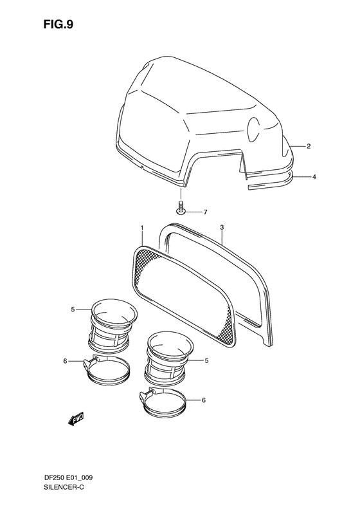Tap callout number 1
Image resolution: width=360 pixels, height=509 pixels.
pos(142,228)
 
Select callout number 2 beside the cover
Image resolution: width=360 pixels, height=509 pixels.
pos(309,147)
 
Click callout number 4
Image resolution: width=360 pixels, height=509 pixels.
pos(314,176)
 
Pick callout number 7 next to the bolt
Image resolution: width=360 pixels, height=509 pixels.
pos(205,212)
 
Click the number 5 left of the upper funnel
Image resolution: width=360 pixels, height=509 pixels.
pos(73,310)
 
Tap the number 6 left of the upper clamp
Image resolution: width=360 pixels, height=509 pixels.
pos(66,361)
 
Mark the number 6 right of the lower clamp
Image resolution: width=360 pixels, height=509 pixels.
pos(204,400)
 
